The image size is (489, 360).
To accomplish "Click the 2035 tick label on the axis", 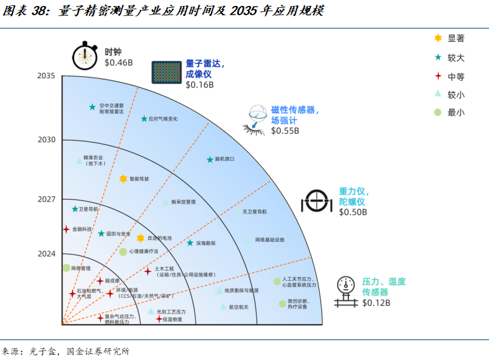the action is (46, 76).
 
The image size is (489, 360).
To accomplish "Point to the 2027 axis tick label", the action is (46, 199).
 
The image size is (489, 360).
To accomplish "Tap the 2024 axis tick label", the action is (46, 253).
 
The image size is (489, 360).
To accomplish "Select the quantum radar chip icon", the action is (165, 72).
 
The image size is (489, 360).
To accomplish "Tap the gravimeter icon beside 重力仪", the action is (317, 201).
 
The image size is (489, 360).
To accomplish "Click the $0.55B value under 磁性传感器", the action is (285, 131).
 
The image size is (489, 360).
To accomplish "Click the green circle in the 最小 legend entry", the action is (437, 112).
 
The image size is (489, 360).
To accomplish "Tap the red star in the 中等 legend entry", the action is (437, 76).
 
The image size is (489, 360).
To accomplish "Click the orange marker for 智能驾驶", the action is (123, 179).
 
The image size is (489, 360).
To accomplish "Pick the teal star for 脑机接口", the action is (210, 159).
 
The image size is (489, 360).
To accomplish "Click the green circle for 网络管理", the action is (66, 268).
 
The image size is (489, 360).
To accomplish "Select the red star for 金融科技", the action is (66, 229).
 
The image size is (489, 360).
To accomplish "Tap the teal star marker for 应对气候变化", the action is (144, 119).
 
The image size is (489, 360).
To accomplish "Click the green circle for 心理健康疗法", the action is (123, 252).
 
